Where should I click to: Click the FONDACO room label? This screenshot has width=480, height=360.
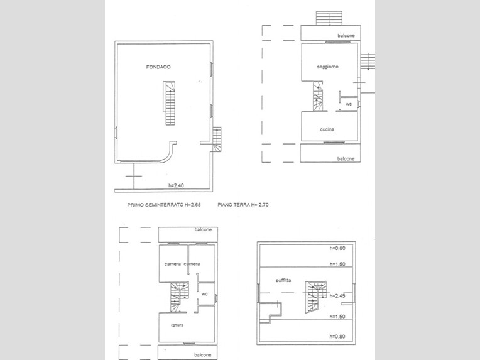158,67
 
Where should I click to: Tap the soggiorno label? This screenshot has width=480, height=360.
327,67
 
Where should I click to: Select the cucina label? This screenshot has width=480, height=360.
327,129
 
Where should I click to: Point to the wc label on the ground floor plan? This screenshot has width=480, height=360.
349,104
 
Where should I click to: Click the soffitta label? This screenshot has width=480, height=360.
283,280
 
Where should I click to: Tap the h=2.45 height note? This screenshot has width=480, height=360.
337,296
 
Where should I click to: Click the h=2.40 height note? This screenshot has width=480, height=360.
176,185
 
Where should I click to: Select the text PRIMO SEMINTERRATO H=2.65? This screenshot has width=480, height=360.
164,205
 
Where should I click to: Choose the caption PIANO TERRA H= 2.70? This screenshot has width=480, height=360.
243,205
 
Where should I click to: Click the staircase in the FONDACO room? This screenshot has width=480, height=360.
169,103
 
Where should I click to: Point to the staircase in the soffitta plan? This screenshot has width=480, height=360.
315,297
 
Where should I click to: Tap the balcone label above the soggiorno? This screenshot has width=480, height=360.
346,36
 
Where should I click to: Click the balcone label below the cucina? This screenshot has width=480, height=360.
346,158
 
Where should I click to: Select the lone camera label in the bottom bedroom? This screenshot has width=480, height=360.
177,325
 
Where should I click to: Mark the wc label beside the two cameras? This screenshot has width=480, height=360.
204,294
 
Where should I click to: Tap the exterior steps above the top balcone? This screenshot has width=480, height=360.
329,18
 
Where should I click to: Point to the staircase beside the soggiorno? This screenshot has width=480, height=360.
317,95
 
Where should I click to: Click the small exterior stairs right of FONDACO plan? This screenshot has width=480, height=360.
217,139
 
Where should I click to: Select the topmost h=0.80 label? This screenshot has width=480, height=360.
337,248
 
